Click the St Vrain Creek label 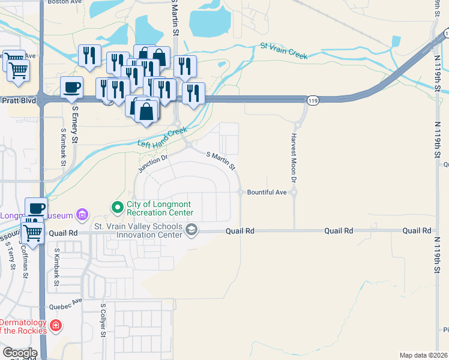[284, 51]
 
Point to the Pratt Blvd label [16, 100]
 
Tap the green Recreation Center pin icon [117, 208]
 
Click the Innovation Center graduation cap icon [191, 230]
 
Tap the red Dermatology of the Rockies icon [55, 326]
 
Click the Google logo [20, 353]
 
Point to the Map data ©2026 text [423, 355]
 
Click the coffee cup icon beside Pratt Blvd [72, 88]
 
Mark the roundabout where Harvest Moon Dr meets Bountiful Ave [294, 192]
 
